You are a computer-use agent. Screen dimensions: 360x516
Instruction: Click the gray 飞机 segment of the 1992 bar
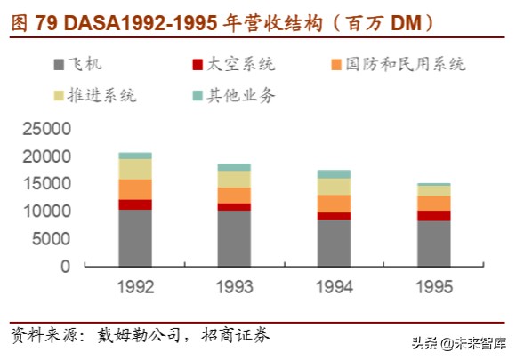[x=134, y=237]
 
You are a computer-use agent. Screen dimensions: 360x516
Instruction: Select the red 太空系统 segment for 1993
[x=234, y=207]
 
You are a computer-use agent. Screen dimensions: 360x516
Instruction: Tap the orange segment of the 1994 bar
[x=334, y=204]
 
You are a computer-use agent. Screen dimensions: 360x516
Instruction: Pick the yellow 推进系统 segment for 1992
[x=134, y=169]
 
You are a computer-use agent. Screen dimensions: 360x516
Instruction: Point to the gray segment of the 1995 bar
[x=433, y=243]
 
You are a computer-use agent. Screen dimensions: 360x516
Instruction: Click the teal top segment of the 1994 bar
[x=334, y=174]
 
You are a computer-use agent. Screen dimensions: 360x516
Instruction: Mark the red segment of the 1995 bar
[x=433, y=215]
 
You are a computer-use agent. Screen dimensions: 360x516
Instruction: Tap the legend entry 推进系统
[x=107, y=95]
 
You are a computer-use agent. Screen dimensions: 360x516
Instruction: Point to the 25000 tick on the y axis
[x=44, y=130]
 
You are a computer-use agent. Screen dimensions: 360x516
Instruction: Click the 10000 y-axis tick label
[x=44, y=212]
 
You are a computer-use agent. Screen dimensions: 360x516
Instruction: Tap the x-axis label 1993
[x=234, y=286]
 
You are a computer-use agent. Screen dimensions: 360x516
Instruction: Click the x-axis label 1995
[x=433, y=286]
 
